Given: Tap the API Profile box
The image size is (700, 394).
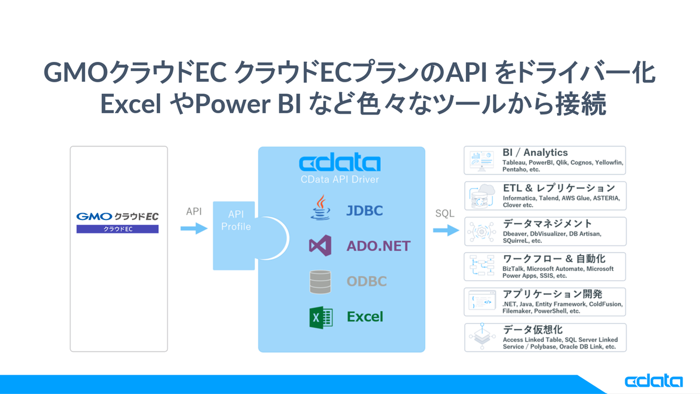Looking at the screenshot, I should [235, 235].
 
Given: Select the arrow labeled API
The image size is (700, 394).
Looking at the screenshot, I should [194, 229].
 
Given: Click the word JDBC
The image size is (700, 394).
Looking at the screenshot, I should [365, 211].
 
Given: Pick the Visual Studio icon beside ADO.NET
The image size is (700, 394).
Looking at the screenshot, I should [320, 246].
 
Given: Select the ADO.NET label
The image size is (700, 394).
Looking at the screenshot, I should [378, 246].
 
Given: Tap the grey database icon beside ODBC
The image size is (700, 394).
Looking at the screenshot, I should [320, 281].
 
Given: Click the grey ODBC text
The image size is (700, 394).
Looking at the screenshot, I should [367, 281].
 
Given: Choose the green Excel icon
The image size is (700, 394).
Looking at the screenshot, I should [320, 317].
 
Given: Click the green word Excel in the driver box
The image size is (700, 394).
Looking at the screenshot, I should [365, 317].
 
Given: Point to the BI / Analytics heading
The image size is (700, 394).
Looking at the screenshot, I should [535, 152].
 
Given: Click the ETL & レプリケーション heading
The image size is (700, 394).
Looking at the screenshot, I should [558, 188].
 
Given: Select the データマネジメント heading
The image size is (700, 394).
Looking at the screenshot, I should [547, 224].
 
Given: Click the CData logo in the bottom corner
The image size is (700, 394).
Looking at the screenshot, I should [653, 381].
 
